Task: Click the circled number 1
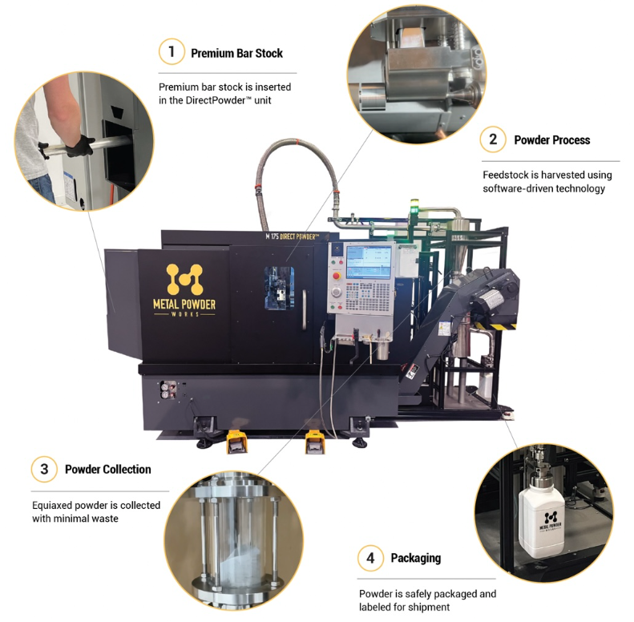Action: coord(172,52)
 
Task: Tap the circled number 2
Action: coord(493,139)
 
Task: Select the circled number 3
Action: coord(44,469)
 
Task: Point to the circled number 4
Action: coord(370,558)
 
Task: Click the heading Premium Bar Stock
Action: coord(236,54)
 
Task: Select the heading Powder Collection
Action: coord(108,470)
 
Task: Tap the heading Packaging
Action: coord(416,559)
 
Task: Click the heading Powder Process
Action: coord(552,140)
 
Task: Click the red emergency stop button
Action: coord(337,277)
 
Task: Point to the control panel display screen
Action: coord(369,261)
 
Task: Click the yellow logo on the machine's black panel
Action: coord(184,280)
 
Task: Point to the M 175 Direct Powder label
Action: coord(292,236)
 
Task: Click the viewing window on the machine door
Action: coord(279,288)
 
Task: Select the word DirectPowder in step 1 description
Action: coord(217,100)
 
